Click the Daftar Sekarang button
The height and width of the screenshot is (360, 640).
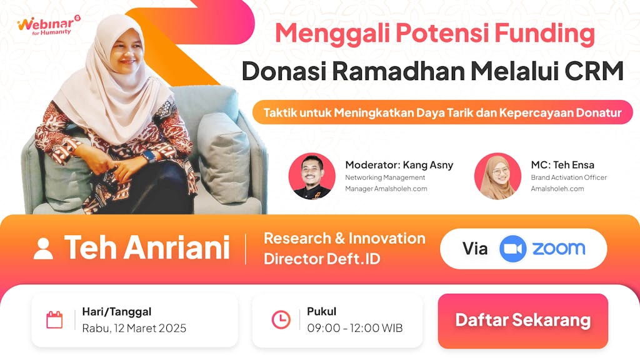pos(523,321)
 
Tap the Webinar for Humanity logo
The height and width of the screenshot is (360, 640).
pos(49,26)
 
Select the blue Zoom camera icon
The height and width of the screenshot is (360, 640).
pos(512,249)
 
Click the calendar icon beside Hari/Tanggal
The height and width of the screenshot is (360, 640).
pos(54,320)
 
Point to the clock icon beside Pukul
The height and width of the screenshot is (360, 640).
pos(281,319)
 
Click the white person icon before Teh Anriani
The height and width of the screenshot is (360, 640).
pos(43,249)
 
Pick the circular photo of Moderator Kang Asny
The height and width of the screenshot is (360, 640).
pos(312,176)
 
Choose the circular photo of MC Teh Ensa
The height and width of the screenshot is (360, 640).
pos(497,176)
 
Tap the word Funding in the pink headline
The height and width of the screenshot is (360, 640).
pos(544,34)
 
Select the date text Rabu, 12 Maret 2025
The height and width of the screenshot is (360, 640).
pos(134,328)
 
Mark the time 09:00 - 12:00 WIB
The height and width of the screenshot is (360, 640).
pos(355,327)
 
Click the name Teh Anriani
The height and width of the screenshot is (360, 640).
pos(147,247)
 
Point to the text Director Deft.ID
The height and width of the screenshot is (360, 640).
pos(322,259)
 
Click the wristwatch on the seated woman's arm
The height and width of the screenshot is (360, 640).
pos(149,156)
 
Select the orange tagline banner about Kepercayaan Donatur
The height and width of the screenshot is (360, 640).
pos(442,112)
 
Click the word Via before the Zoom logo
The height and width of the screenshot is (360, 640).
pos(475,249)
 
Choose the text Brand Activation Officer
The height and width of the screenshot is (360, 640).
pos(569,177)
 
